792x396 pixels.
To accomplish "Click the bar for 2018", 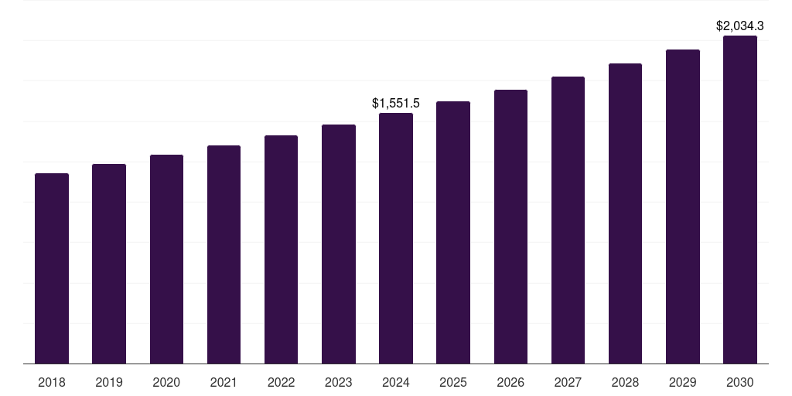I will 52,268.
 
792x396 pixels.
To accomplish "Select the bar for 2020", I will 166,259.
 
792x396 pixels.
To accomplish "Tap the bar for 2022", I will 281,249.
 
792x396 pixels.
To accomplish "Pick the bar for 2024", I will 396,238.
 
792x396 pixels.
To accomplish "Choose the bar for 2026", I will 510,227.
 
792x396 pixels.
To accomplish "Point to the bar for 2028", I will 625,213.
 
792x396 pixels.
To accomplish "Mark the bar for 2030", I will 740,200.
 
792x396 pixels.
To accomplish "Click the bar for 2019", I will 109,264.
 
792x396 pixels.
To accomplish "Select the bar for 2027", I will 568,220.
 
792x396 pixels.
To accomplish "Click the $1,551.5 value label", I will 396,103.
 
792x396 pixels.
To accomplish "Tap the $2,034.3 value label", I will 740,26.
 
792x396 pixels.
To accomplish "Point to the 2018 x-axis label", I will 52,382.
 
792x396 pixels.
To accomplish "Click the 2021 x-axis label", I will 224,382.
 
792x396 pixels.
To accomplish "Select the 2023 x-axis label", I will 339,382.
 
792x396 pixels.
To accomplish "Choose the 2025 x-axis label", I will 453,382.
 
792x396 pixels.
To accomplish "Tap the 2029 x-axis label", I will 683,382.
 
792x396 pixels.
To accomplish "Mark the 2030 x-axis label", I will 740,382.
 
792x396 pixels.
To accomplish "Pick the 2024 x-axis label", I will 396,382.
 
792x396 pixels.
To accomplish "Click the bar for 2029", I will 683,207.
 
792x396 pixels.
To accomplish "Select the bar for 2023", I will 339,244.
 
